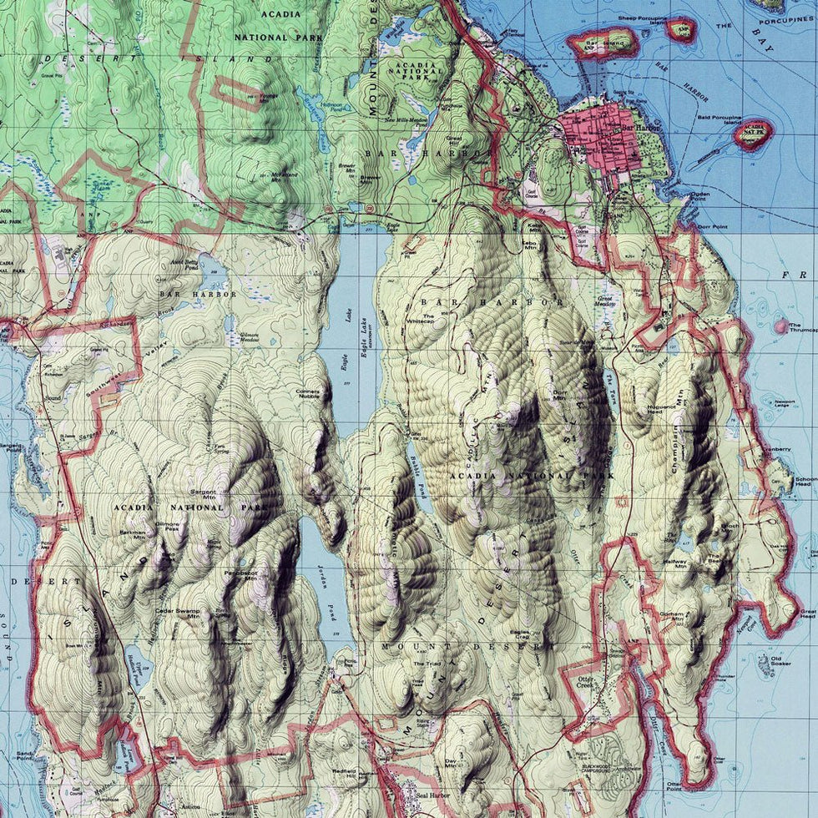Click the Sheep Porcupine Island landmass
(x=681, y=29)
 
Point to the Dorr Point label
(x=709, y=226)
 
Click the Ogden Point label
(x=700, y=197)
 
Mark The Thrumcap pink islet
(x=781, y=326)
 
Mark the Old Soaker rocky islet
(x=763, y=665)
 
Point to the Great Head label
(x=805, y=615)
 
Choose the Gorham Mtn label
(x=675, y=616)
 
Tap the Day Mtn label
(x=452, y=763)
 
